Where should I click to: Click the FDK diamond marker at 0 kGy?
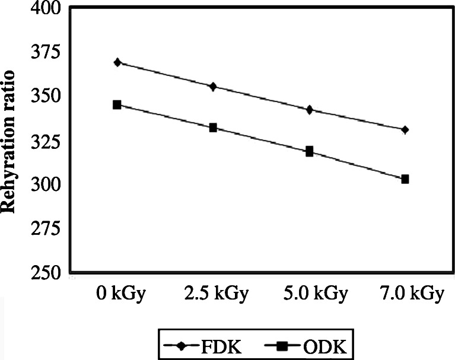pyautogui.click(x=117, y=62)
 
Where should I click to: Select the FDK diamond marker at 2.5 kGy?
pyautogui.click(x=213, y=87)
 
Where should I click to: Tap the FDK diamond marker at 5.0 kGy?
pyautogui.click(x=309, y=110)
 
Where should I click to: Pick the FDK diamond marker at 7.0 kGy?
pyautogui.click(x=405, y=129)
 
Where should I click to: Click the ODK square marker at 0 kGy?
pyautogui.click(x=117, y=105)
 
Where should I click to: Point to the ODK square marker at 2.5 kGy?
pyautogui.click(x=213, y=128)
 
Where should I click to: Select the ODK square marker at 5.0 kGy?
pyautogui.click(x=309, y=151)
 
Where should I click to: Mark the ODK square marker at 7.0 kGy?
pyautogui.click(x=405, y=179)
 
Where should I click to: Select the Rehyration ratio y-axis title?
pyautogui.click(x=10, y=142)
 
